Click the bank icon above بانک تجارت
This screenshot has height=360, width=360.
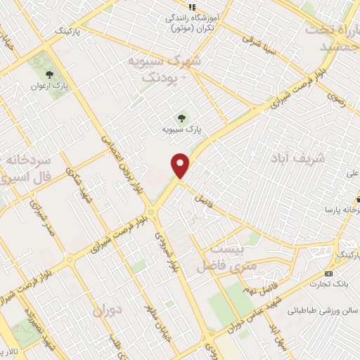328,273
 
